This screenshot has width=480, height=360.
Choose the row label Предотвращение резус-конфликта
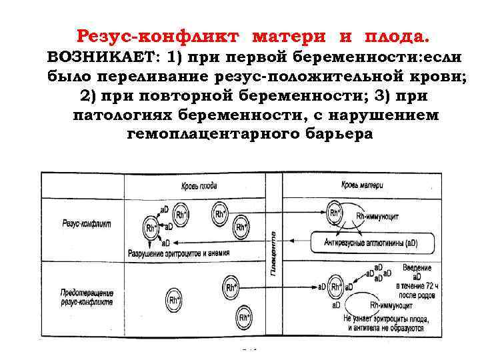coord(86,297)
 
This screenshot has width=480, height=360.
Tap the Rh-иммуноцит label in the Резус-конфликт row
coord(379,215)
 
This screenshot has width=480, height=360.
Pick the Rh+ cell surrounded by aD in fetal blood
coord(153,228)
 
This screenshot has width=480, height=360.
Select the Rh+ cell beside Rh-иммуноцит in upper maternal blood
coord(335,214)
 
